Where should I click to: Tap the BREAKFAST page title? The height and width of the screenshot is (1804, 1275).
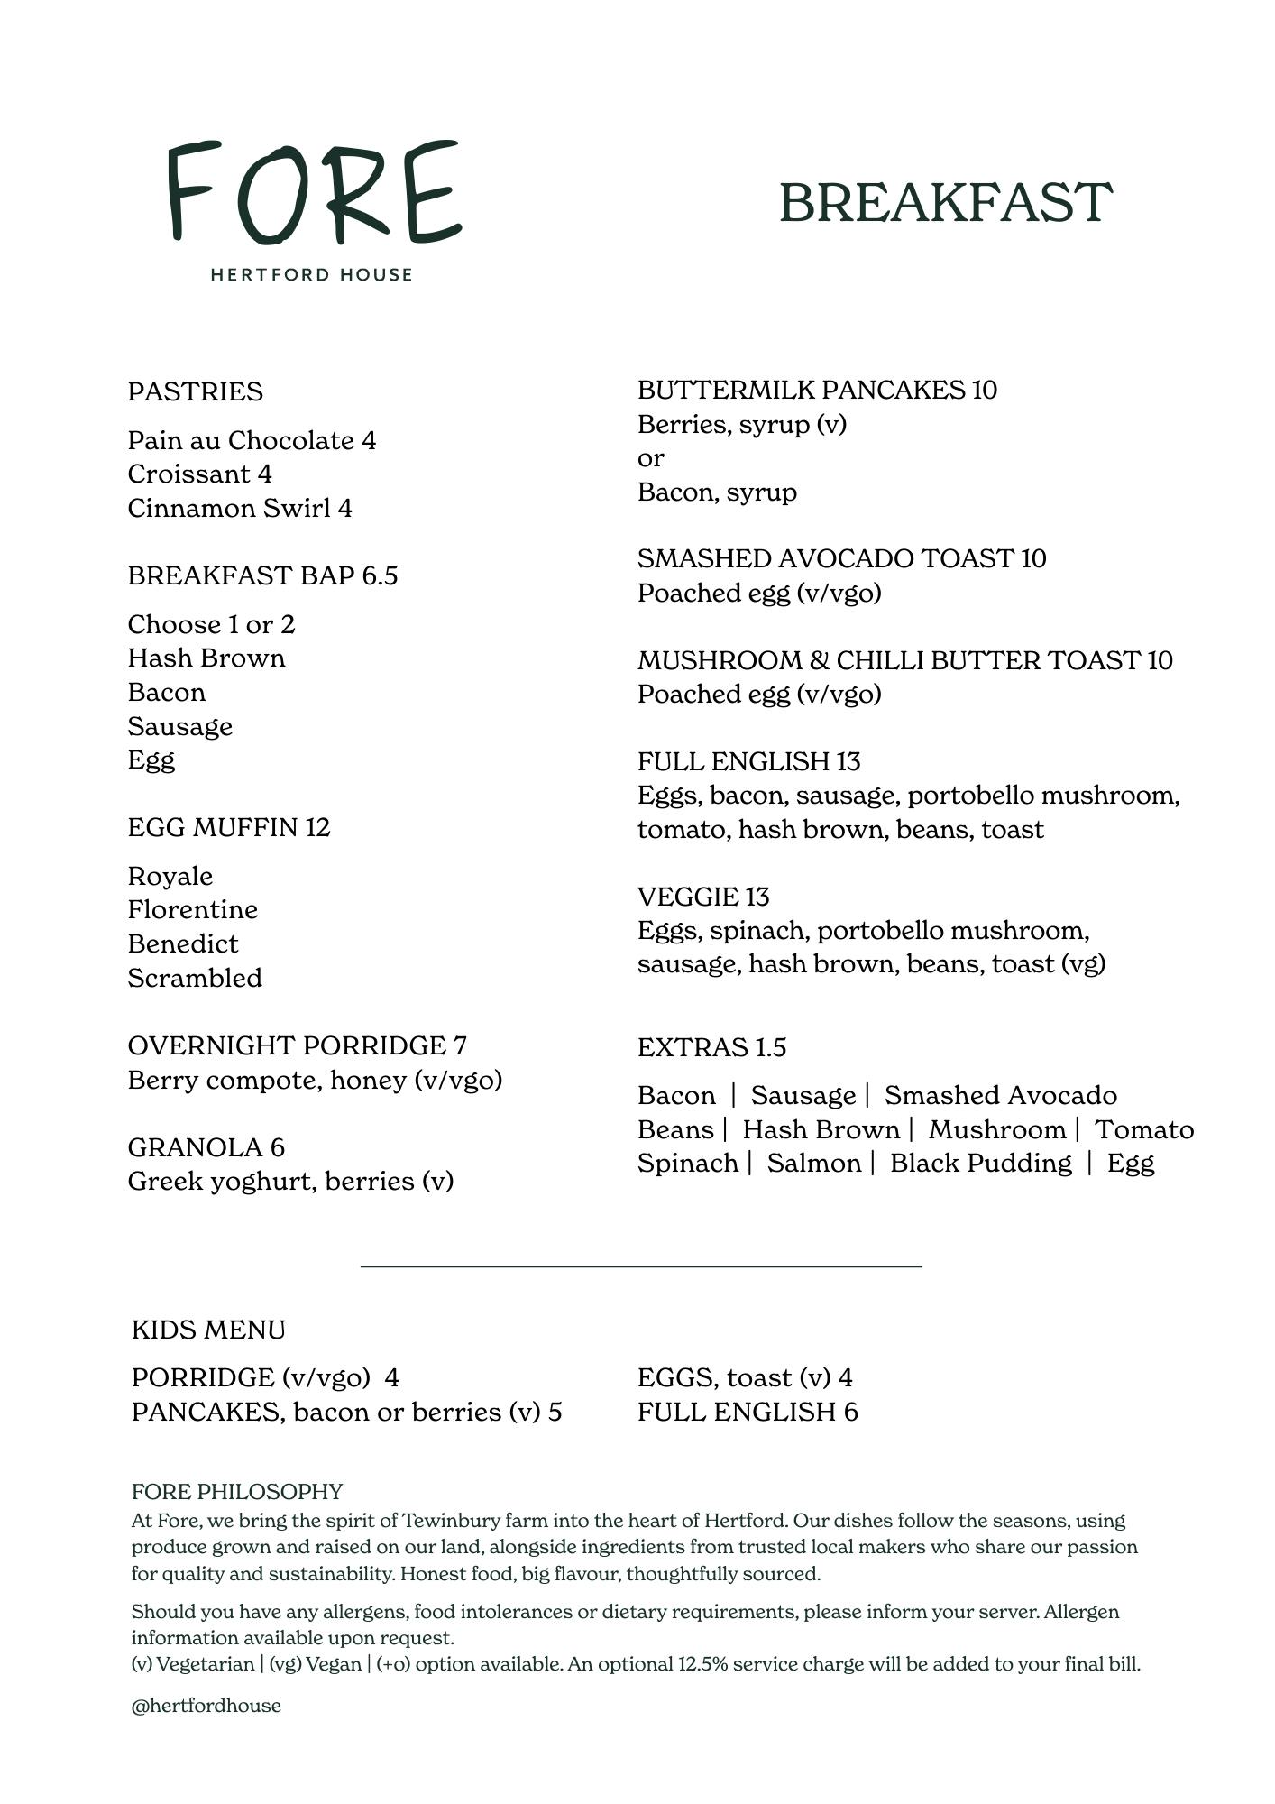945,202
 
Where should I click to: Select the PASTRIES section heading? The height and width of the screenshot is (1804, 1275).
196,391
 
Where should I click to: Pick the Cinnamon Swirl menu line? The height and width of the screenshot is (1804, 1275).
240,508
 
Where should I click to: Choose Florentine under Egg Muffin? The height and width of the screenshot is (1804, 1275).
193,909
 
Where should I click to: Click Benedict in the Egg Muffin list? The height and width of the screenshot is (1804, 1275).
183,943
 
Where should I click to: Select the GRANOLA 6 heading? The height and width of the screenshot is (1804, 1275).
206,1147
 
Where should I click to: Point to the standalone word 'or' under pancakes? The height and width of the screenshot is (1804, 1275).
650,458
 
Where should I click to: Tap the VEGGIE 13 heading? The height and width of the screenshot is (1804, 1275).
703,897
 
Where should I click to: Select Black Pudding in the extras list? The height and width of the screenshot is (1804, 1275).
980,1163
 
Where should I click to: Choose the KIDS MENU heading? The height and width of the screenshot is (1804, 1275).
208,1330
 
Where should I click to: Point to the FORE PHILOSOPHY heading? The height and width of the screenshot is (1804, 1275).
237,1491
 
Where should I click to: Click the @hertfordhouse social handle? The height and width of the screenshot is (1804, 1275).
206,1705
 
